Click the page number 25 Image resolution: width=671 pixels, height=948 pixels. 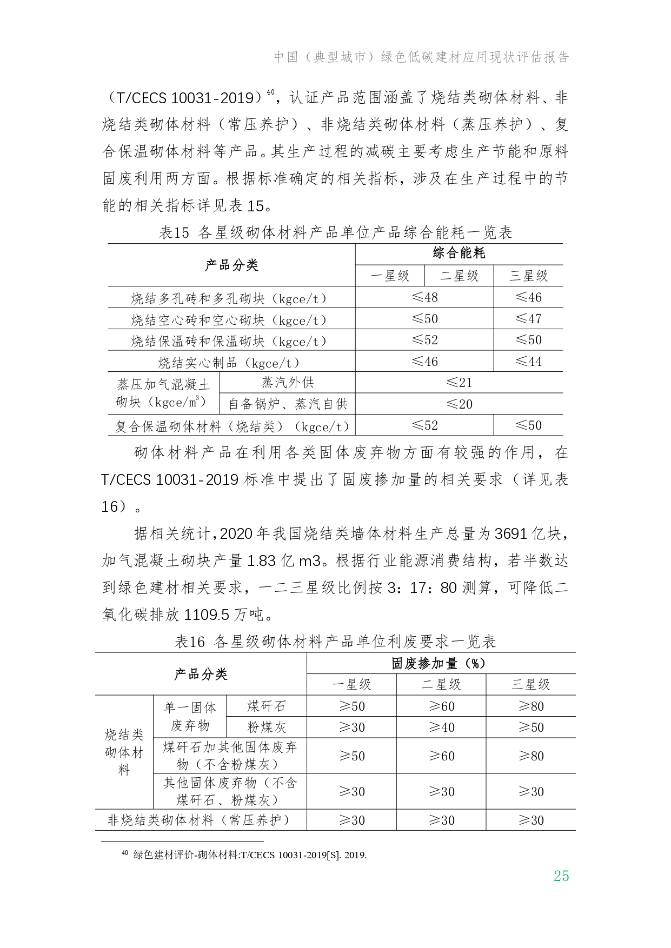point(561,876)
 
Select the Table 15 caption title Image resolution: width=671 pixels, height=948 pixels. point(335,233)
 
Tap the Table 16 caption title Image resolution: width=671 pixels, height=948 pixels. point(335,642)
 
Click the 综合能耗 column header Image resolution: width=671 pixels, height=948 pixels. point(459,253)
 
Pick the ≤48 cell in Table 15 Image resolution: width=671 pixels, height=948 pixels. point(424,297)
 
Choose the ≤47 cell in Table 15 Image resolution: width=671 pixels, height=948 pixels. point(528,319)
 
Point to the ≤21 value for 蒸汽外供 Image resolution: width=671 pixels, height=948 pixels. point(459,383)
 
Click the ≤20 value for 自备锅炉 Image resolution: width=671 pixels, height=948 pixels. point(459,404)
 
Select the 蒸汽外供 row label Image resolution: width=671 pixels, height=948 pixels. point(287,383)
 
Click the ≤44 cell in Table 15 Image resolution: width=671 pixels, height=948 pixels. point(528,362)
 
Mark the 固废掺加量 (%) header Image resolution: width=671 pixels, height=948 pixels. point(440,663)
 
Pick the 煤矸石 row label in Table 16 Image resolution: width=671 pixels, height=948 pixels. point(266,706)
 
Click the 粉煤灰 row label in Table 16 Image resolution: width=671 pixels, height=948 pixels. point(266,727)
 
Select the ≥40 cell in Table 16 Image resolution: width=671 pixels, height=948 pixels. point(441,727)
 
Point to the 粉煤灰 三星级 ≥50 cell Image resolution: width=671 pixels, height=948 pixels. point(531,727)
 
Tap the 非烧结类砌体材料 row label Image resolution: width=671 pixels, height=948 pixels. point(200,820)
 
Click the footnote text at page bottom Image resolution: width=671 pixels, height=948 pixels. point(249,855)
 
